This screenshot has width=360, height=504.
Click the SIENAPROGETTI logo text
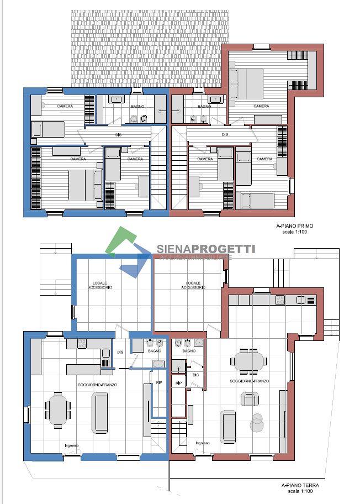(x=206, y=249)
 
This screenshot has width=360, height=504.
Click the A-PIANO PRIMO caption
(x=294, y=227)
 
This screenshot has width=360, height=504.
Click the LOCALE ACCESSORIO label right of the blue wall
(x=193, y=285)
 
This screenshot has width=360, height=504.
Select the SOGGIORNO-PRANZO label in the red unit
(x=250, y=381)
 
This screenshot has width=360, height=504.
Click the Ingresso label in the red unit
(x=202, y=443)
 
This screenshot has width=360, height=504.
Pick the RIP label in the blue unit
(x=159, y=382)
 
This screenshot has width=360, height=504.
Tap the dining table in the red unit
(x=249, y=362)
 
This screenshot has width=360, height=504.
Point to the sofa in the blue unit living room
(x=100, y=412)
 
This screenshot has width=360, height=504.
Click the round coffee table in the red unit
(x=256, y=423)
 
